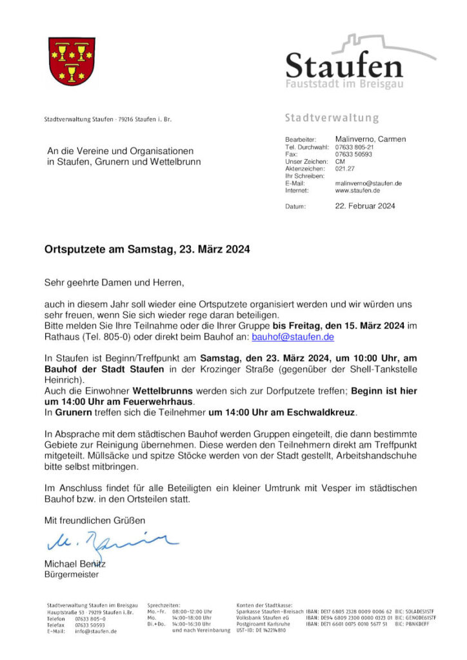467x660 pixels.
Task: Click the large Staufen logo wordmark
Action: coord(344,66)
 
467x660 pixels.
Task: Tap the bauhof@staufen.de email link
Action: coord(293,336)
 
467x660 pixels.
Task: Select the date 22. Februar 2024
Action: coord(365,206)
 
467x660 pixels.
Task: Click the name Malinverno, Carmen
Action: coord(370,139)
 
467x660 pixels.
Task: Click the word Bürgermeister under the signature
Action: coord(71,573)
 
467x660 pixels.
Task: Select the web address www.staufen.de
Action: coord(357,191)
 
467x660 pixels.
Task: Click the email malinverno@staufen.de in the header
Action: coord(368,184)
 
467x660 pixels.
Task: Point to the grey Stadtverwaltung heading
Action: coord(332,119)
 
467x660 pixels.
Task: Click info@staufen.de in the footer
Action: coord(95,632)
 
